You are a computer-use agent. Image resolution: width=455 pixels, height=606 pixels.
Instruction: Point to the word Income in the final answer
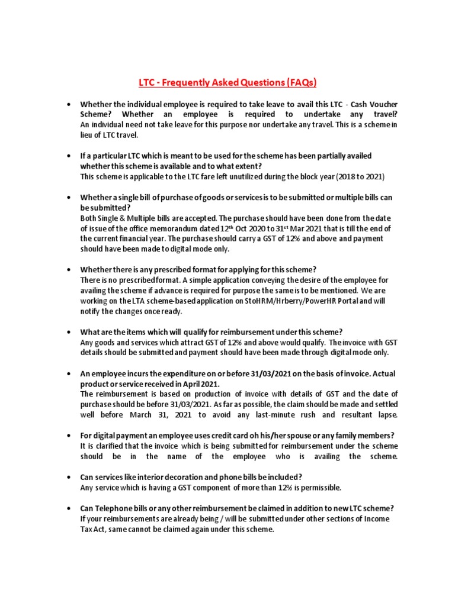(x=379, y=519)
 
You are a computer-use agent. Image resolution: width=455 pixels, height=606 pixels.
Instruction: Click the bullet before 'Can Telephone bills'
(x=70, y=508)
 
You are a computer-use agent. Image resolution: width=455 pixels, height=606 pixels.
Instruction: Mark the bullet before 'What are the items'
(x=70, y=331)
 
